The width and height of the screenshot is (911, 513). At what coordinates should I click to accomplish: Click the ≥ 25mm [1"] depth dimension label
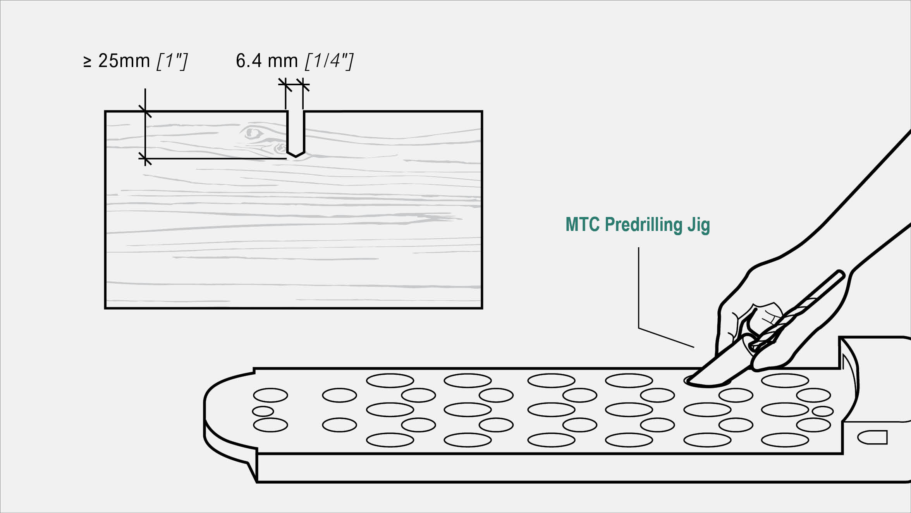click(136, 61)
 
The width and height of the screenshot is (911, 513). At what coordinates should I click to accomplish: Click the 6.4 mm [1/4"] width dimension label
click(294, 61)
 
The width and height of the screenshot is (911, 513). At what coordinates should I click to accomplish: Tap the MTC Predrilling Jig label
click(638, 225)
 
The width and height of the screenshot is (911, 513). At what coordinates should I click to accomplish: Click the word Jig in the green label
click(699, 225)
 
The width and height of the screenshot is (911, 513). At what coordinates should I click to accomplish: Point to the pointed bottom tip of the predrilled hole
click(296, 156)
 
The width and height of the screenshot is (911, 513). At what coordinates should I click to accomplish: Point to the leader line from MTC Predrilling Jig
click(639, 294)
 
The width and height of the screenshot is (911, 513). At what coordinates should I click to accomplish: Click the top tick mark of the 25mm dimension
click(145, 111)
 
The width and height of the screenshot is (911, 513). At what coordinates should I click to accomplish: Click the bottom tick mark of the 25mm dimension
click(145, 158)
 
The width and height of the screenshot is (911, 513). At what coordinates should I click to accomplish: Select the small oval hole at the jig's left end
click(263, 411)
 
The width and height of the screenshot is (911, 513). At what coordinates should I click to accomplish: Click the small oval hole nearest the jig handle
click(822, 411)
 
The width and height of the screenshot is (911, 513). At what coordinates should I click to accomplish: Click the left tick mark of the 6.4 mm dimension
click(285, 85)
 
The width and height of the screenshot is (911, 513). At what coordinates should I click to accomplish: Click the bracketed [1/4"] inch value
click(329, 61)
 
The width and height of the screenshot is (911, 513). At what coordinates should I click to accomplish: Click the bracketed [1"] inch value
click(172, 61)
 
